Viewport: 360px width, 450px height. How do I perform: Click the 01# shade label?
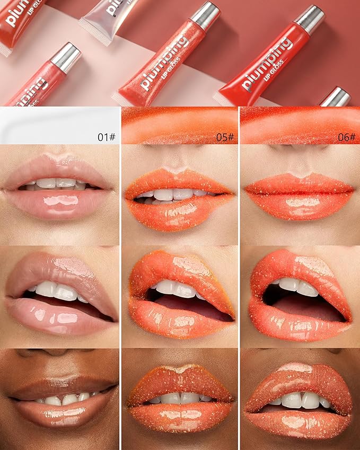click(107, 137)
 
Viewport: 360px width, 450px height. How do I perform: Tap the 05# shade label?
click(225, 137)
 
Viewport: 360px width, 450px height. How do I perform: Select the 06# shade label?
click(346, 137)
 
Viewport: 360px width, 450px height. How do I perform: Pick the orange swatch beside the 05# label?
click(170, 125)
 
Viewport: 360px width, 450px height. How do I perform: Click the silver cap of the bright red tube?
click(309, 19)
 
